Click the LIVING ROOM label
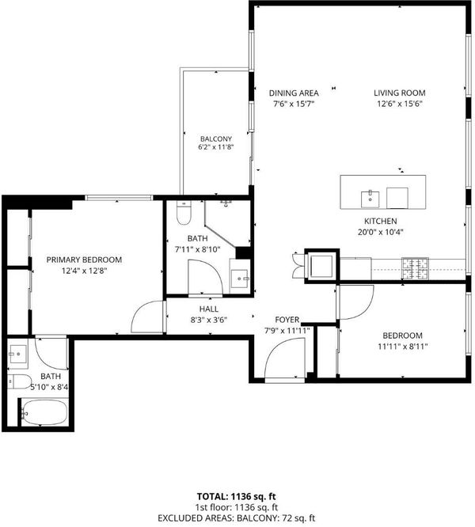pyautogui.click(x=399, y=93)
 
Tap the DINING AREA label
pyautogui.click(x=294, y=93)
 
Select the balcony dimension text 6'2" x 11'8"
pyautogui.click(x=216, y=147)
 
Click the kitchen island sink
pyautogui.click(x=370, y=199)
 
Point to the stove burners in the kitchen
pyautogui.click(x=416, y=269)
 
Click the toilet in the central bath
pyautogui.click(x=184, y=213)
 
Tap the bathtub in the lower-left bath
pyautogui.click(x=44, y=413)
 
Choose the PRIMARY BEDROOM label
pyautogui.click(x=84, y=260)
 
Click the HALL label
pyautogui.click(x=209, y=309)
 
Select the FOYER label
pyautogui.click(x=287, y=320)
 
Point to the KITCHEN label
pyautogui.click(x=381, y=221)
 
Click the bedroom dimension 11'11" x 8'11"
pyautogui.click(x=403, y=346)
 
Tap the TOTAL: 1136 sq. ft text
pyautogui.click(x=237, y=496)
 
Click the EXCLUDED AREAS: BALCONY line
pyautogui.click(x=237, y=518)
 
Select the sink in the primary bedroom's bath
pyautogui.click(x=18, y=354)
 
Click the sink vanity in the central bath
pyautogui.click(x=240, y=276)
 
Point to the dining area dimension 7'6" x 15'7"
pyautogui.click(x=294, y=104)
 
